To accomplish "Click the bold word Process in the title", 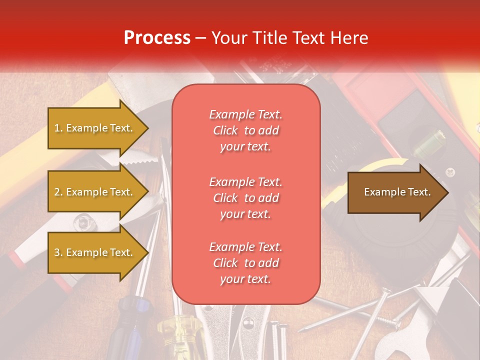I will pyautogui.click(x=157, y=38).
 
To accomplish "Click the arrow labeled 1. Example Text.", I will pyautogui.click(x=95, y=128).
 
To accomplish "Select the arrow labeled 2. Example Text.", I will pyautogui.click(x=95, y=192).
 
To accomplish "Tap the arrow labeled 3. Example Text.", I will pyautogui.click(x=95, y=252).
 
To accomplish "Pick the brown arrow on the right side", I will pyautogui.click(x=395, y=192).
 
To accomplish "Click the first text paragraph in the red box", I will pyautogui.click(x=245, y=130).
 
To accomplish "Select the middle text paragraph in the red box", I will pyautogui.click(x=245, y=197).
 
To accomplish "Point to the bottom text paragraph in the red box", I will pyautogui.click(x=245, y=263).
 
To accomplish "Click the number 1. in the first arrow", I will pyautogui.click(x=58, y=128).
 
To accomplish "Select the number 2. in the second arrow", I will pyautogui.click(x=58, y=192).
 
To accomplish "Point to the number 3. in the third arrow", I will pyautogui.click(x=58, y=252).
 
